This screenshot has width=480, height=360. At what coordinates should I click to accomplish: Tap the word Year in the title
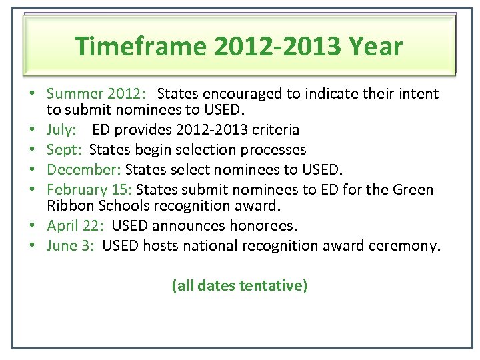coord(377,47)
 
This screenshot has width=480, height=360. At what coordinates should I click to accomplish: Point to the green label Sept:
coord(64,149)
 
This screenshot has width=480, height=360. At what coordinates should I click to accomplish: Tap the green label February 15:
coord(89,189)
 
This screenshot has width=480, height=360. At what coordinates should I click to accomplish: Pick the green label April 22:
coord(75,226)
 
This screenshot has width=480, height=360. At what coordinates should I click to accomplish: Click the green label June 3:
coord(71,246)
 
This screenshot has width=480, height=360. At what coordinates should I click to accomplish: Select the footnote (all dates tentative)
coord(239,286)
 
